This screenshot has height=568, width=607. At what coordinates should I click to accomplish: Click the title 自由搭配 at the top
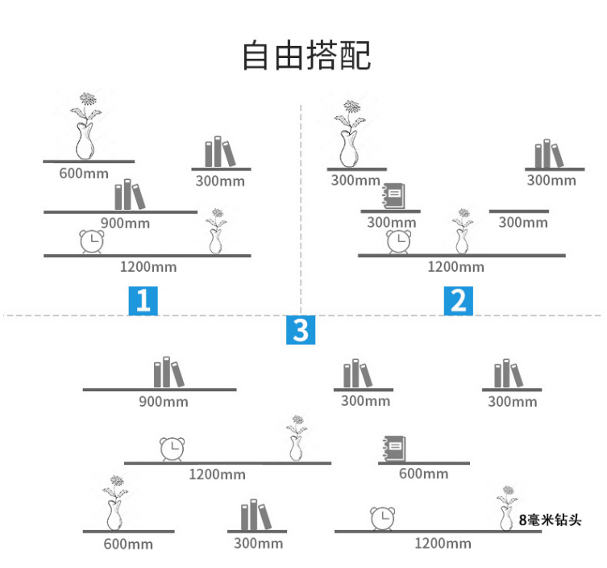[307, 55]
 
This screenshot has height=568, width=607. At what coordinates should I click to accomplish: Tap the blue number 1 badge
[143, 300]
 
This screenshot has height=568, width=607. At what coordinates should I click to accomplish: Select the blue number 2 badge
[458, 300]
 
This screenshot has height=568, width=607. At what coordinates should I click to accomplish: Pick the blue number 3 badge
[300, 330]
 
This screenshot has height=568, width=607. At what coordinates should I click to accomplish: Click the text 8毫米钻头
[550, 520]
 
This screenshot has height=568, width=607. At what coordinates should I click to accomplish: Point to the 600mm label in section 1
[84, 173]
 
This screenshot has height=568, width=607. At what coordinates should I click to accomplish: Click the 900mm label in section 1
[125, 223]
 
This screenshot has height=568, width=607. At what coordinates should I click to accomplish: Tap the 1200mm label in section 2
[455, 266]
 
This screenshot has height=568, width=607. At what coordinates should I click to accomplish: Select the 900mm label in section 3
[164, 401]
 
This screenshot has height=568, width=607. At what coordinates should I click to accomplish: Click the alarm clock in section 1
[92, 242]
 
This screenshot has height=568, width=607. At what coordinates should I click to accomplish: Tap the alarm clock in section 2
[397, 241]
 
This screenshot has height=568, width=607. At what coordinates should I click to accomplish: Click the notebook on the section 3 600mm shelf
[393, 449]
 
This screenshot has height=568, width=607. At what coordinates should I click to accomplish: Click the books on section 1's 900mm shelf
[129, 195]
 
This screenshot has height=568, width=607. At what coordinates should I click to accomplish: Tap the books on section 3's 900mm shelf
[168, 373]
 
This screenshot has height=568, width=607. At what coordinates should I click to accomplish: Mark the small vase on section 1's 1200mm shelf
[215, 232]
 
